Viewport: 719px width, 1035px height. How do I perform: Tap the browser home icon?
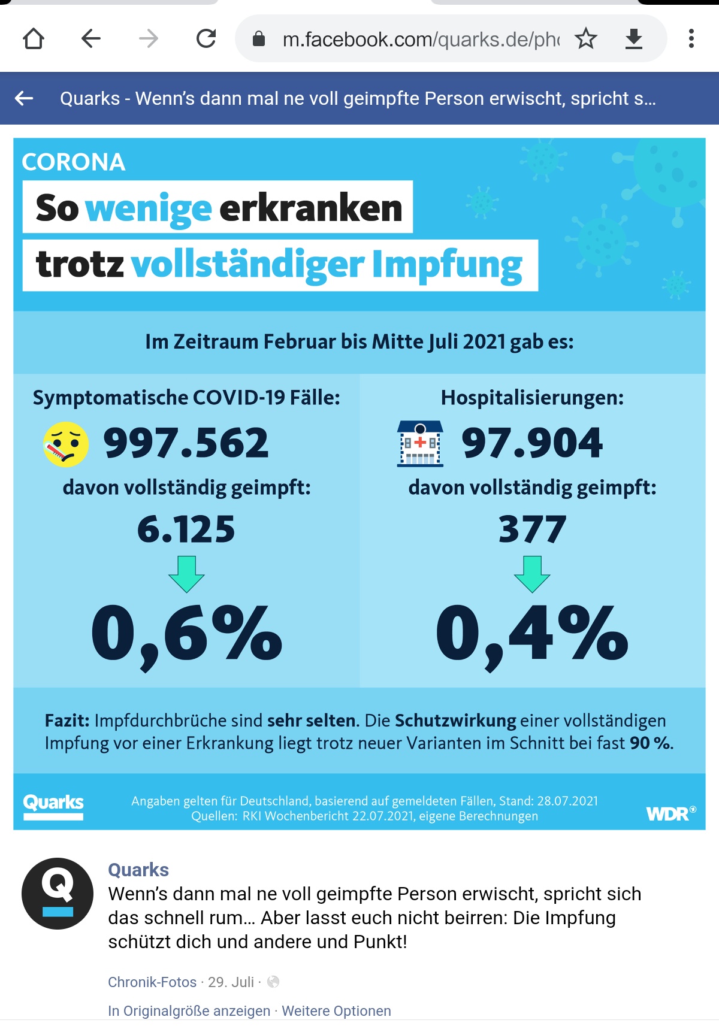[x=34, y=39]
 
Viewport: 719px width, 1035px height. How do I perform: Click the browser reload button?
[x=206, y=39]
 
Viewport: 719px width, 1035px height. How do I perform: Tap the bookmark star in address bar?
[x=585, y=39]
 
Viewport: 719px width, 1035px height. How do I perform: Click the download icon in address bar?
[x=633, y=39]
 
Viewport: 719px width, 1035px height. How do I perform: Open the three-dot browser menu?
[x=691, y=39]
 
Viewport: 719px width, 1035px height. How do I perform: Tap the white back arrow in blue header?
[x=24, y=98]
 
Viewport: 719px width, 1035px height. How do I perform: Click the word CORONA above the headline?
[x=74, y=162]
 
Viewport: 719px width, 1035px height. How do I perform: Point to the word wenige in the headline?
[x=149, y=208]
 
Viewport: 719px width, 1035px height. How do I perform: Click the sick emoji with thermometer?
[x=66, y=444]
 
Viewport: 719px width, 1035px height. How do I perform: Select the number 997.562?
[x=186, y=443]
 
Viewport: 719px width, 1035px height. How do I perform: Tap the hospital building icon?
[x=420, y=444]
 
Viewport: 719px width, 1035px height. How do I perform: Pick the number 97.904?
[x=532, y=443]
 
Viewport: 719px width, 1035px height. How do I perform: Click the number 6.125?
[x=186, y=529]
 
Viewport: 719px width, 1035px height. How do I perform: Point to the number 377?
[x=532, y=529]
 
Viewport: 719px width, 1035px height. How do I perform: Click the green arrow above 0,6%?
[x=186, y=573]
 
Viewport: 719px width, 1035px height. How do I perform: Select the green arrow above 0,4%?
[x=532, y=573]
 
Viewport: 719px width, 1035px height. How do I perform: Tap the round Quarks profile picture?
[x=58, y=893]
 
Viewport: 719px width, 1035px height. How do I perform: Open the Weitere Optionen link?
[x=336, y=1011]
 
